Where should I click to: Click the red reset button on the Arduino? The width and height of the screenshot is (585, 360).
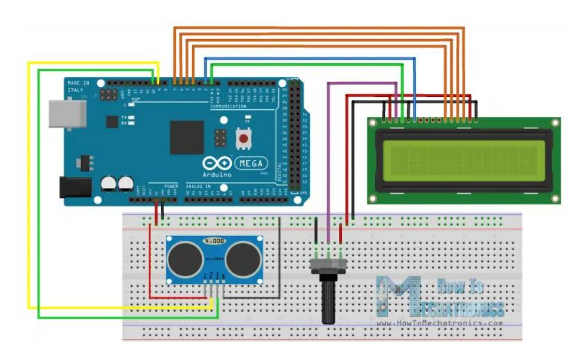pos(244,139)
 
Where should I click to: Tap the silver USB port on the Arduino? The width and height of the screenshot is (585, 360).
pos(67,114)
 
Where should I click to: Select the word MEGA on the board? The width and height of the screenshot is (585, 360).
pos(251,164)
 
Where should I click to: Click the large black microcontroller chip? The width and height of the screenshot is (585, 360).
pos(187,137)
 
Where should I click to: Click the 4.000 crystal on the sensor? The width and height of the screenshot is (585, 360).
pos(214,241)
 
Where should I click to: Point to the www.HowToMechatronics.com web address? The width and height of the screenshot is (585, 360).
pos(439,323)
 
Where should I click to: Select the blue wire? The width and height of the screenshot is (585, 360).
pos(310,58)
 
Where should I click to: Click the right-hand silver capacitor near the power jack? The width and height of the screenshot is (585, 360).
pos(126,183)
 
